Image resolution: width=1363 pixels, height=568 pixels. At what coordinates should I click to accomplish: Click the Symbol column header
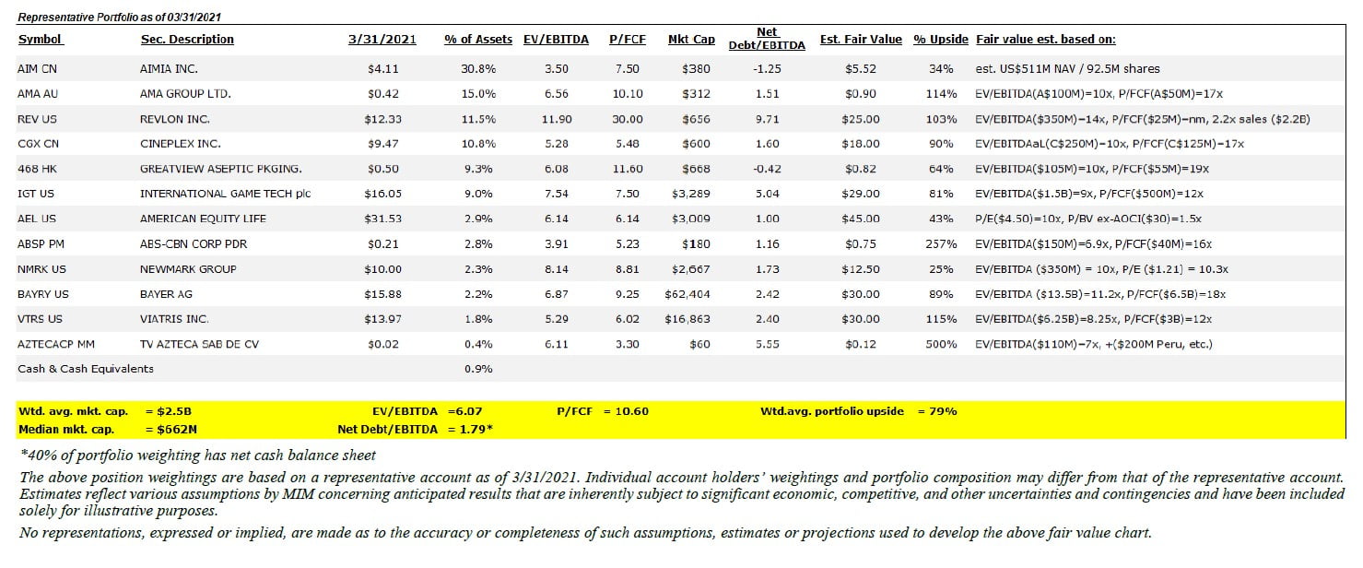point(41,39)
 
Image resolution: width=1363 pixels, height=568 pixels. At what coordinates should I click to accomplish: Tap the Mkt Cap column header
point(691,39)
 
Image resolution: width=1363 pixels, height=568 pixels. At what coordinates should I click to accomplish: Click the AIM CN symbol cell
point(37,69)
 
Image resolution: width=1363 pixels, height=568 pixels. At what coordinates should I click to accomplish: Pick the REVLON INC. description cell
point(175,119)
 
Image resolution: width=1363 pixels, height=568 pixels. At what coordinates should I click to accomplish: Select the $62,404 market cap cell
point(689,294)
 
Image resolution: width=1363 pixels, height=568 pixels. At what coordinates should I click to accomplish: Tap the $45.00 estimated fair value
point(860,219)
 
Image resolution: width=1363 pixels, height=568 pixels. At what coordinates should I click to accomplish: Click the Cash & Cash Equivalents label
point(86,369)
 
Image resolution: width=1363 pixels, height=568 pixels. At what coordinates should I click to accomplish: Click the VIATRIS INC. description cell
point(174,319)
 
